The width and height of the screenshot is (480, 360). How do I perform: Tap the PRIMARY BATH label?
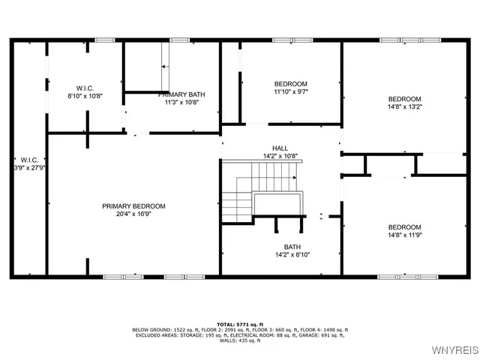[181, 94]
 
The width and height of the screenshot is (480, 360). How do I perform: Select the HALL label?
[280, 148]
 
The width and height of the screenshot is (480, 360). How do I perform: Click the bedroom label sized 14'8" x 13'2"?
[404, 99]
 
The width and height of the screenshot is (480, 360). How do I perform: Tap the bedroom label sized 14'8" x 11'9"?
[404, 227]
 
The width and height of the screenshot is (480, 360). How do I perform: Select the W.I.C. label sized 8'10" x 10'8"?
[84, 88]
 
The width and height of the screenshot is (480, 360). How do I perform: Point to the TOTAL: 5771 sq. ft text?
[240, 323]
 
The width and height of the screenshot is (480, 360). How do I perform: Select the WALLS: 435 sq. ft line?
[240, 341]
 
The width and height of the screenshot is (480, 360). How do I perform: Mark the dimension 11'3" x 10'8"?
[181, 102]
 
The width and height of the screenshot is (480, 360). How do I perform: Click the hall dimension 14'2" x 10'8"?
[280, 156]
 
